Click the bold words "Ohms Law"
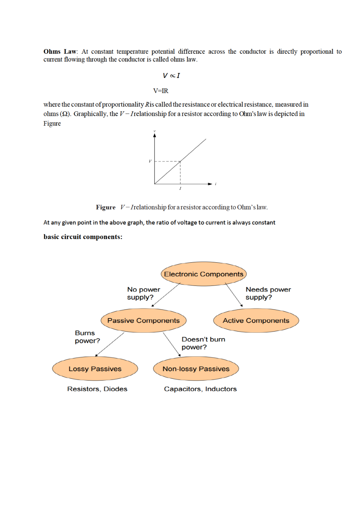click(60, 52)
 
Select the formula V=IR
click(161, 91)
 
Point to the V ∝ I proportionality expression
click(171, 75)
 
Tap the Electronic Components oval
click(203, 274)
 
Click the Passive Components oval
click(143, 320)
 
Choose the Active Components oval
click(256, 320)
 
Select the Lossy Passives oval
click(95, 369)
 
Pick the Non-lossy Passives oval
click(196, 369)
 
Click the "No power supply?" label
click(143, 293)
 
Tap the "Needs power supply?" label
click(268, 293)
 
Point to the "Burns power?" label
click(87, 337)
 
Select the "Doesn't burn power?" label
click(203, 343)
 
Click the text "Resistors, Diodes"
click(97, 389)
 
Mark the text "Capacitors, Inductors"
click(200, 389)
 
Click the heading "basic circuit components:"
click(83, 237)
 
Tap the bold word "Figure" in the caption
click(105, 207)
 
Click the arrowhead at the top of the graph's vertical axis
click(154, 135)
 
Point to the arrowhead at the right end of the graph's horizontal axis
click(210, 184)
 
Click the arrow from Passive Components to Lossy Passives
click(110, 344)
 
